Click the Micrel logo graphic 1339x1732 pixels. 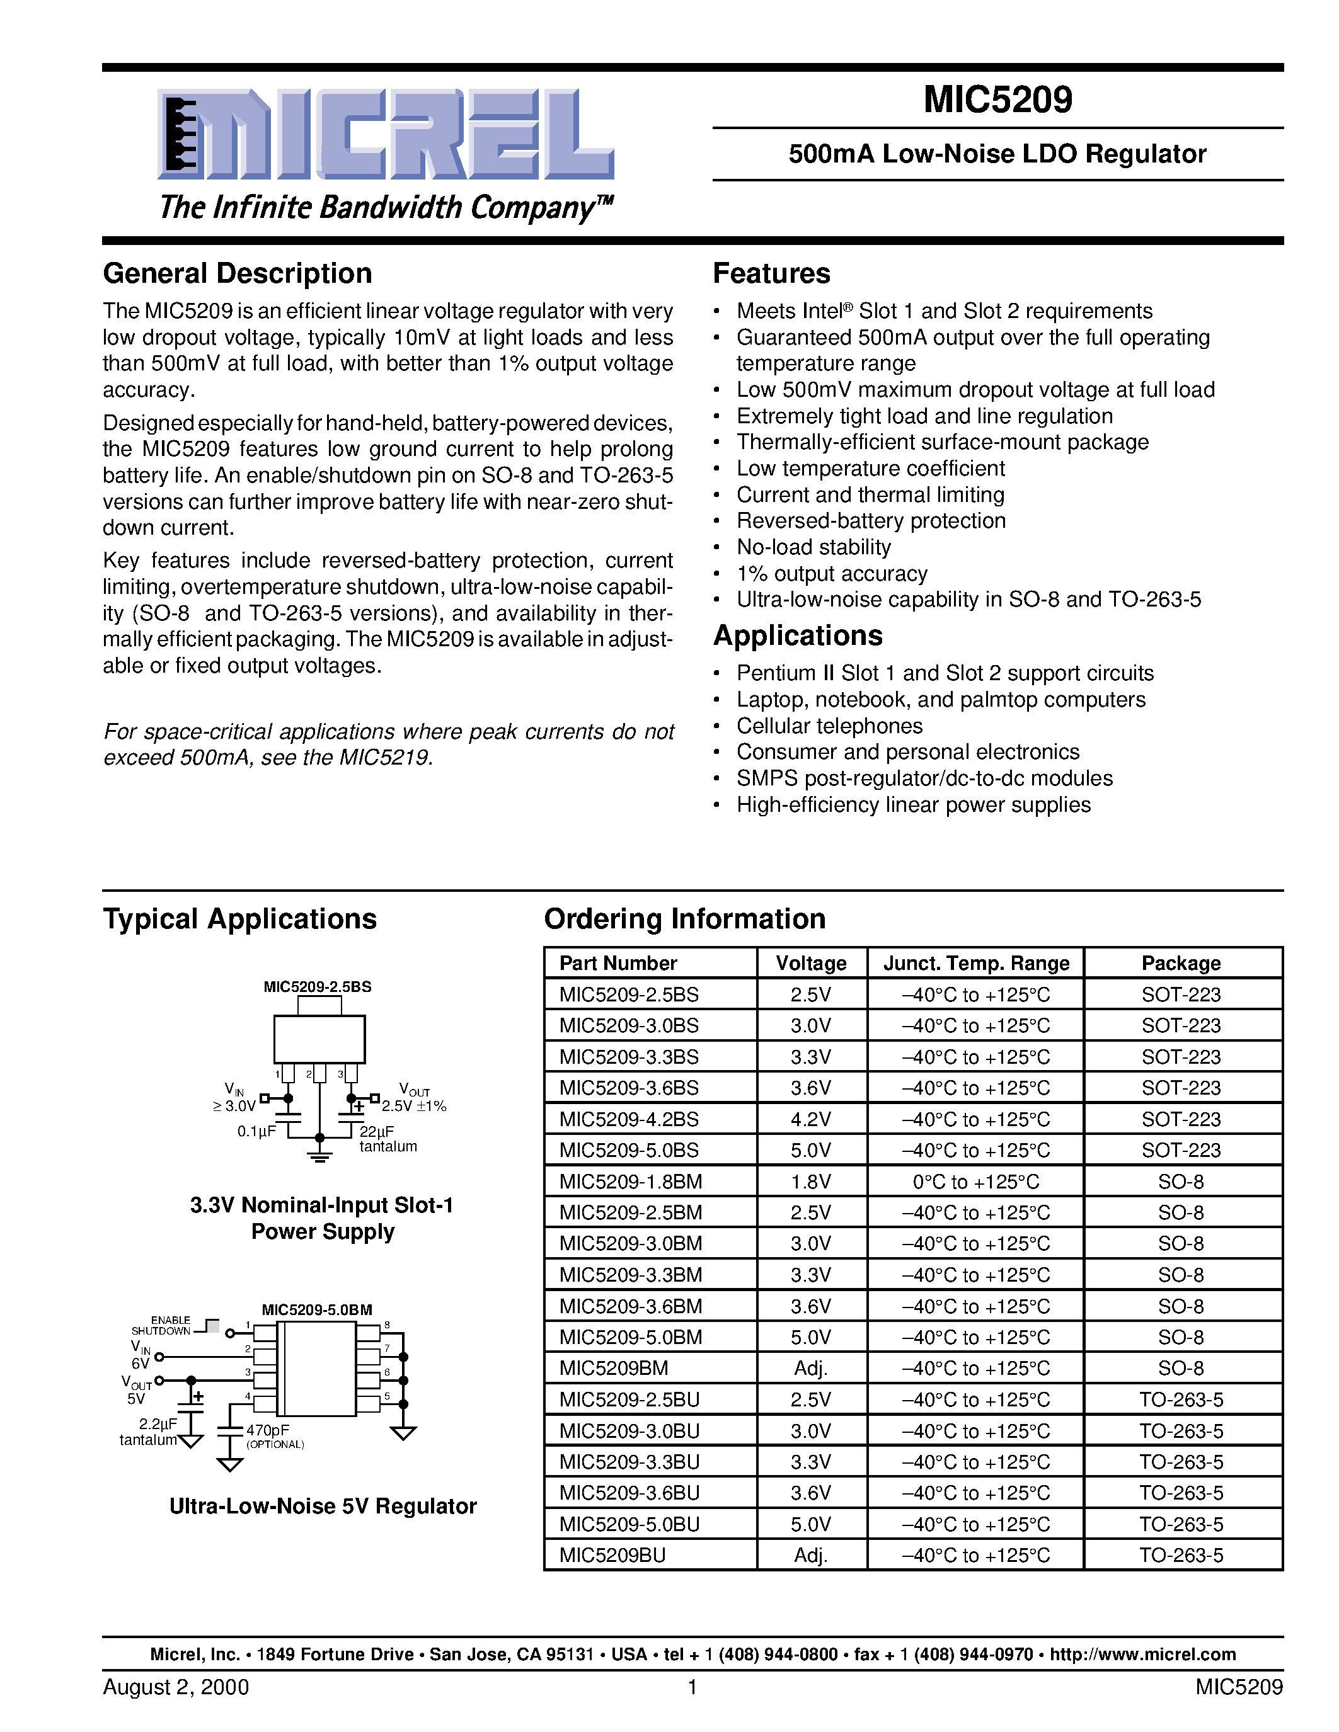386,134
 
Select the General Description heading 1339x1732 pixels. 237,273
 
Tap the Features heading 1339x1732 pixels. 771,273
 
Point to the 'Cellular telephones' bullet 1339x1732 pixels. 829,726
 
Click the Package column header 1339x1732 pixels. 1180,963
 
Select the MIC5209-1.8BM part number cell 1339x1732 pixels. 631,1182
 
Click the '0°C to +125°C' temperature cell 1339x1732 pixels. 975,1182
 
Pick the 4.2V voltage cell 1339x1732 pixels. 811,1119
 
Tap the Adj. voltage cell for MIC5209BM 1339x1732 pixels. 811,1368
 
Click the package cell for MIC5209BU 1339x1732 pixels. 1180,1555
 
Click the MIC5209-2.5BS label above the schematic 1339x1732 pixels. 318,986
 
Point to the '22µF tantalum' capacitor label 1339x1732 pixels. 387,1139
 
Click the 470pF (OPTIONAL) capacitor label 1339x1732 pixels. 273,1436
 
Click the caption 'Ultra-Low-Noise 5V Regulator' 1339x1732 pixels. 323,1506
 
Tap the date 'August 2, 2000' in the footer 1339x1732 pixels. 175,1687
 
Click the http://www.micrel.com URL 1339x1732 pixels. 1142,1655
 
